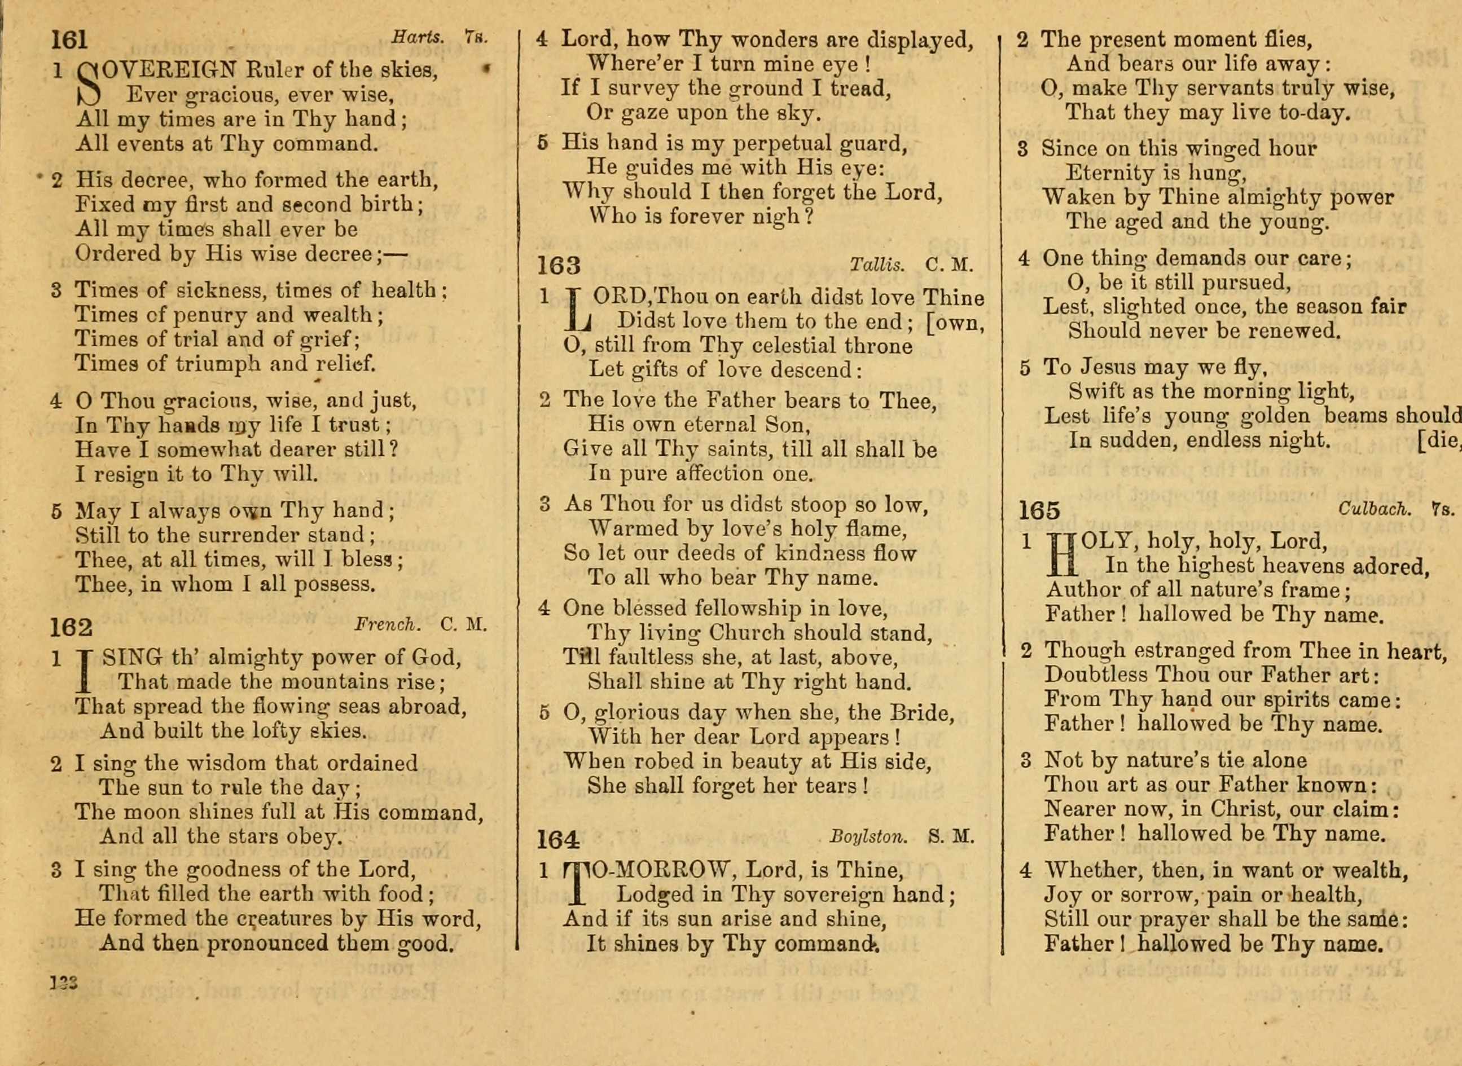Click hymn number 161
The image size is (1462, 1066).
pyautogui.click(x=69, y=40)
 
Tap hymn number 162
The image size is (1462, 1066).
pyautogui.click(x=72, y=627)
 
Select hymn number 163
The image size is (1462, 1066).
pyautogui.click(x=559, y=265)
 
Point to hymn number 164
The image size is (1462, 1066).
pyautogui.click(x=558, y=839)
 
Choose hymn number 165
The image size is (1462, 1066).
pyautogui.click(x=1039, y=511)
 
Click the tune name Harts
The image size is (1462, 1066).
pyautogui.click(x=418, y=37)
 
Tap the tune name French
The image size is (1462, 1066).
pyautogui.click(x=387, y=624)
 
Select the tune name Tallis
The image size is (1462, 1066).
pyautogui.click(x=876, y=264)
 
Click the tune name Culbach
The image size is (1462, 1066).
pyautogui.click(x=1374, y=509)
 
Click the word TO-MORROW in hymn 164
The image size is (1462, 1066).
pyautogui.click(x=652, y=870)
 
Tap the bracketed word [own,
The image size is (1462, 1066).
pyautogui.click(x=955, y=323)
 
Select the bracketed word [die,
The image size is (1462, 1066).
pyautogui.click(x=1438, y=440)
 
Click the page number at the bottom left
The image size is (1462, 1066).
pyautogui.click(x=64, y=983)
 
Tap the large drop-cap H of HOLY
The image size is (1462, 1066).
pyautogui.click(x=1062, y=554)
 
